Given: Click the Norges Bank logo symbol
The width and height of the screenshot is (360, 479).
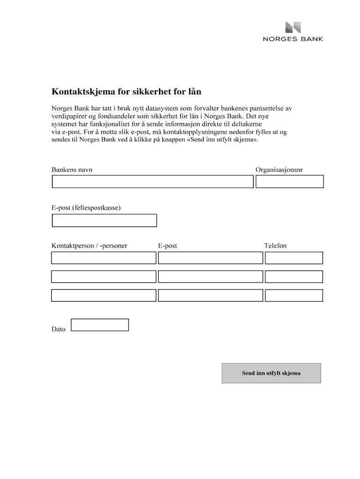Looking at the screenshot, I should click(x=294, y=28).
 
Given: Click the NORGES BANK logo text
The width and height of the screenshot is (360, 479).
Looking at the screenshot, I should click(x=292, y=39).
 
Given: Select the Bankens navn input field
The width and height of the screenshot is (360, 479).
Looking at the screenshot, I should click(x=152, y=181).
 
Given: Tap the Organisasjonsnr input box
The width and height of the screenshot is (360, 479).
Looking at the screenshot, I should click(x=289, y=181).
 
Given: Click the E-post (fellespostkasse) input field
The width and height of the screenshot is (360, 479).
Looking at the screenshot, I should click(x=104, y=220).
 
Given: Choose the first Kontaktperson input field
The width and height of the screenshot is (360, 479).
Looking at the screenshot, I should click(x=103, y=258).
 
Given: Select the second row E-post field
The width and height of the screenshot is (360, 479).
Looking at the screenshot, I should click(x=210, y=276).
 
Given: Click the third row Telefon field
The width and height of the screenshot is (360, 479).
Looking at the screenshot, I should click(x=294, y=295).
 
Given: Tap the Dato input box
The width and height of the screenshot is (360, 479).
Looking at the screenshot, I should click(x=99, y=325).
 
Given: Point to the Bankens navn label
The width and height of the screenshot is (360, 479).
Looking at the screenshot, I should click(x=72, y=170).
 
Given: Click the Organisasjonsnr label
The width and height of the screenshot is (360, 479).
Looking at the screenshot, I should click(x=279, y=170).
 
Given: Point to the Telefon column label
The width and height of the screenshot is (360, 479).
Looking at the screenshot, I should click(x=275, y=246).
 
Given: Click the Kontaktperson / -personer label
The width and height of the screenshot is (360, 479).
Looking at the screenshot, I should click(x=89, y=246).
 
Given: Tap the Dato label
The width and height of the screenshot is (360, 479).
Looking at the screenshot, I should click(x=58, y=329).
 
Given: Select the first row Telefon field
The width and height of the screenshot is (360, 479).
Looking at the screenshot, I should click(x=294, y=258).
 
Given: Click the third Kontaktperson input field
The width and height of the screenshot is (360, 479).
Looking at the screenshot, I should click(x=103, y=295).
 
